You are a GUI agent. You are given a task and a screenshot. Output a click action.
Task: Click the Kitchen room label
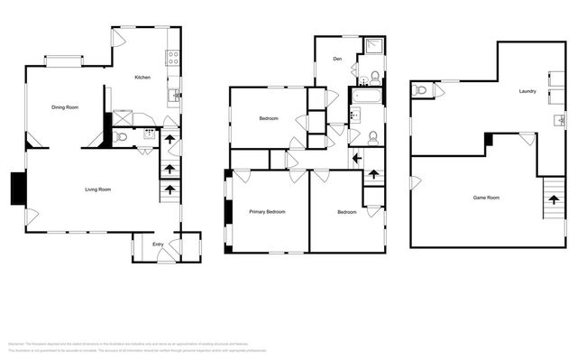tap(142, 78)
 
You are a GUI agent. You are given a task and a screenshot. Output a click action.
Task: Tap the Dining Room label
tap(65, 107)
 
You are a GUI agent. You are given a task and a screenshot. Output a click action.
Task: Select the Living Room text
tap(97, 189)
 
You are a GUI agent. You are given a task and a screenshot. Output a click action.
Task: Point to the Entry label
tap(158, 244)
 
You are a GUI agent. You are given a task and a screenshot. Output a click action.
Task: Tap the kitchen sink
tap(174, 94)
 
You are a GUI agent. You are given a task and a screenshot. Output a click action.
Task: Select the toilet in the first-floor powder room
tap(122, 138)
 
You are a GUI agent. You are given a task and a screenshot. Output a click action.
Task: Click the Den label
tap(337, 60)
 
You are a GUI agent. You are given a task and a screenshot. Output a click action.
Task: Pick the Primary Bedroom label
tap(267, 212)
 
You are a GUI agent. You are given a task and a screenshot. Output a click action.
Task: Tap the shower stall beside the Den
tap(374, 48)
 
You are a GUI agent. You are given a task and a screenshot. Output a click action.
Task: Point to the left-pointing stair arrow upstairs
tap(357, 158)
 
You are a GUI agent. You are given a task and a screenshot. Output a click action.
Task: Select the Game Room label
tap(487, 197)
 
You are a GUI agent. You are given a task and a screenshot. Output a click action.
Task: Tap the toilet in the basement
tap(419, 90)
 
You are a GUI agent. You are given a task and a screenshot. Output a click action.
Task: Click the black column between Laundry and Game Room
tap(488, 139)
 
